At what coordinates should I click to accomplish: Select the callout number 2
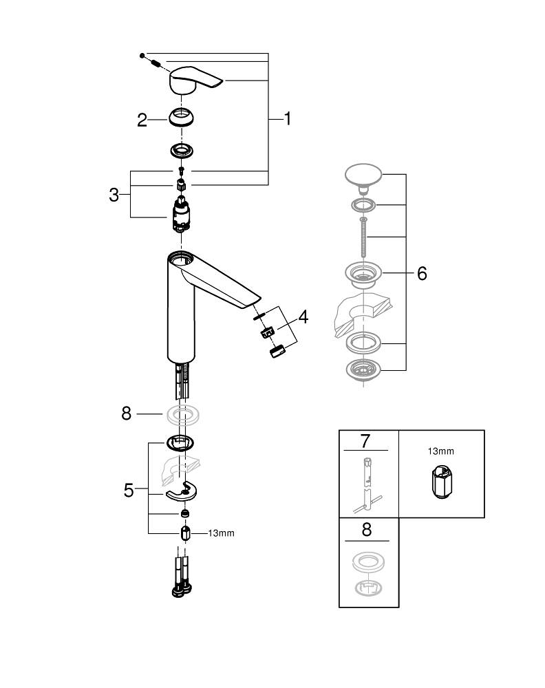tap(142, 120)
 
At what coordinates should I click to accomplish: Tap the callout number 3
tap(114, 195)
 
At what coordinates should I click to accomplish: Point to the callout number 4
tap(303, 317)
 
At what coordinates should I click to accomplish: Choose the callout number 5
tap(129, 490)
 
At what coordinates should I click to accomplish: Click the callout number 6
tap(421, 273)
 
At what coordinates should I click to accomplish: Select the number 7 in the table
tap(365, 440)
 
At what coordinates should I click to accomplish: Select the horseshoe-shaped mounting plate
tap(181, 491)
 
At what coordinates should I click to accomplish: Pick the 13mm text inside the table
tap(440, 451)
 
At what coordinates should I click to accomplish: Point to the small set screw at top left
tap(141, 54)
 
